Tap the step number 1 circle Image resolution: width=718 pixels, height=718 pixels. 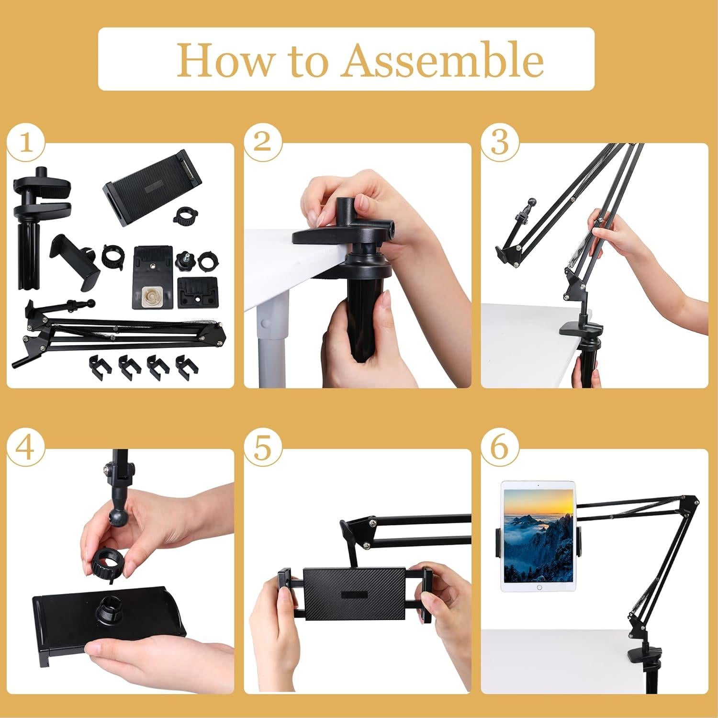(x=26, y=143)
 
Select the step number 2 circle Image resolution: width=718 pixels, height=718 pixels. (x=262, y=143)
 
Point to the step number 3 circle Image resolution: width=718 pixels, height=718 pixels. (x=500, y=143)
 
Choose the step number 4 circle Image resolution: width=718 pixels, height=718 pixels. (x=26, y=449)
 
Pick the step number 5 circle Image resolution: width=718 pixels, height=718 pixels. (x=262, y=449)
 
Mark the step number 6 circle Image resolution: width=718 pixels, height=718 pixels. (x=500, y=449)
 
